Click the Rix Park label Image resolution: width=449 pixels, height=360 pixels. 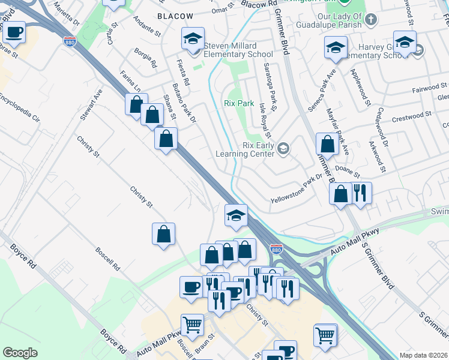[x=239, y=103]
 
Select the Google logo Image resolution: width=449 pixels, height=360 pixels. [x=20, y=353]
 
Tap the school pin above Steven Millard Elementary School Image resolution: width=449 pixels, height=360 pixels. [x=193, y=40]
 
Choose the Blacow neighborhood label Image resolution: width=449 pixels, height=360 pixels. [x=175, y=16]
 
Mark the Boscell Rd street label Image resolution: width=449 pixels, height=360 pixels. [x=108, y=258]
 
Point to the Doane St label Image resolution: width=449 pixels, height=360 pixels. [x=347, y=173]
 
